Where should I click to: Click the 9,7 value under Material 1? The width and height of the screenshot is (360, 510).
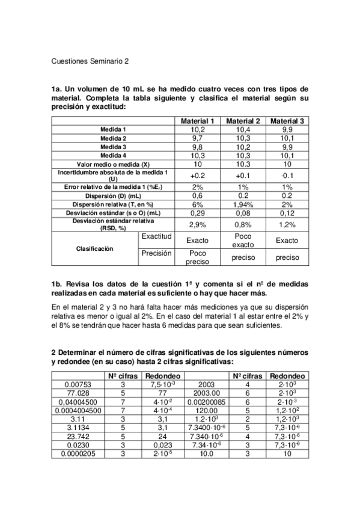pos(197,138)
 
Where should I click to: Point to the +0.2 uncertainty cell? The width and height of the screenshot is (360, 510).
pos(197,175)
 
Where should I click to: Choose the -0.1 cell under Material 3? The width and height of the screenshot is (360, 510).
pos(287,175)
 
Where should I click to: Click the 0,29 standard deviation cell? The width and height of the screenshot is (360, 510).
pos(197,212)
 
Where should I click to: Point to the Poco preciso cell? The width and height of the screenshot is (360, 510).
pos(197,257)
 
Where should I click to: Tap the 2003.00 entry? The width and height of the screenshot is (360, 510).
pos(206,393)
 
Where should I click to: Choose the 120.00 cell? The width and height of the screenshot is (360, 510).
pos(206,411)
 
